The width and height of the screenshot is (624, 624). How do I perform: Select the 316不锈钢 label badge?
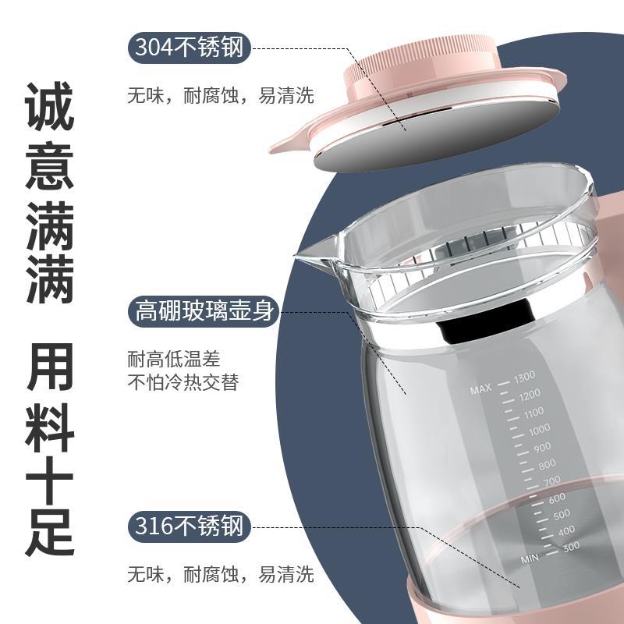click(x=190, y=526)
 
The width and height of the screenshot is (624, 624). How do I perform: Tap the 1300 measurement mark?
click(x=523, y=379)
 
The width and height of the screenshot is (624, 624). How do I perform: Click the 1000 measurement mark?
click(x=537, y=429)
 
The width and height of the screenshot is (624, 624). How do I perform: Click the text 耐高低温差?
click(x=174, y=360)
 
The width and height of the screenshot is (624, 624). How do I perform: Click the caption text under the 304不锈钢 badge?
click(x=221, y=96)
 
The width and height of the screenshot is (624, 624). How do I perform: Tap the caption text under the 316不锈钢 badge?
click(x=221, y=575)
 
